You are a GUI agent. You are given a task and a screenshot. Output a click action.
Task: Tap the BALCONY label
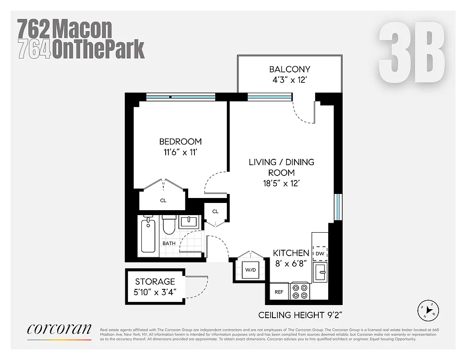pyautogui.click(x=290, y=69)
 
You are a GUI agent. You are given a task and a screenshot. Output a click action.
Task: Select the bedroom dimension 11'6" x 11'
pyautogui.click(x=180, y=152)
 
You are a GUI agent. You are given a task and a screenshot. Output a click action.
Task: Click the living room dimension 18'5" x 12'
pyautogui.click(x=281, y=183)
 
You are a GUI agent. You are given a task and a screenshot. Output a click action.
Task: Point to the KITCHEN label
pyautogui.click(x=291, y=253)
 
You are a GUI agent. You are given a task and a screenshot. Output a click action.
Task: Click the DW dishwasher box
pyautogui.click(x=320, y=254)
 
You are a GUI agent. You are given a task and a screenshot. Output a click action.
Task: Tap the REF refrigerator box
pyautogui.click(x=279, y=292)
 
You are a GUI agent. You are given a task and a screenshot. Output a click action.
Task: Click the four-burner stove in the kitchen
pyautogui.click(x=300, y=291)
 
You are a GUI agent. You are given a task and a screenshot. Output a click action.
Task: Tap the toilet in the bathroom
pyautogui.click(x=169, y=225)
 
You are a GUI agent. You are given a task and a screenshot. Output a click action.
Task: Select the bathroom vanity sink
pyautogui.click(x=189, y=221)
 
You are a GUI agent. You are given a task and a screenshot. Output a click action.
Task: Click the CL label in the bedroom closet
pyautogui.click(x=163, y=201)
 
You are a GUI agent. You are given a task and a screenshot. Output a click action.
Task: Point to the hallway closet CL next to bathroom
pyautogui.click(x=215, y=211)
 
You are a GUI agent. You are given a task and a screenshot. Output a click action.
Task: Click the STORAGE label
pyautogui.click(x=155, y=282)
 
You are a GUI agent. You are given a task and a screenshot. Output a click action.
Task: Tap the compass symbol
pyautogui.click(x=425, y=310)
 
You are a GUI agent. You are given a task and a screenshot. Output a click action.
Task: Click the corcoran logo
pyautogui.click(x=59, y=329)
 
